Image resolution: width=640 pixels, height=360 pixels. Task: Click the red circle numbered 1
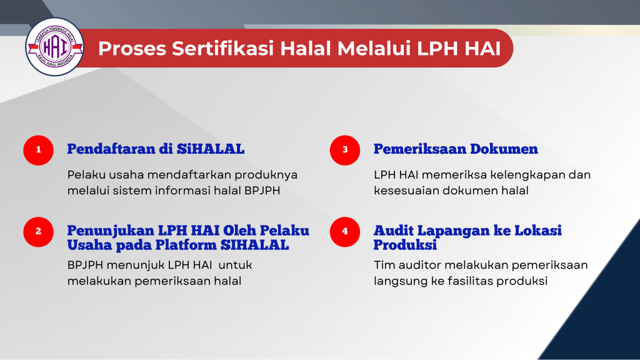[x=38, y=150]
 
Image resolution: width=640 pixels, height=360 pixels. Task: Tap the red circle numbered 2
[x=38, y=231]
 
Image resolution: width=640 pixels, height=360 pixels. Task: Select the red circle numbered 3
[x=345, y=150]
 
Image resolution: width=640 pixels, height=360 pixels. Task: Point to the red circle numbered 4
[x=345, y=231]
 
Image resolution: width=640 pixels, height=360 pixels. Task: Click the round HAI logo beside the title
[x=54, y=47]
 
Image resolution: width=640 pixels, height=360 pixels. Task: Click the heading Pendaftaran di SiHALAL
[x=156, y=149]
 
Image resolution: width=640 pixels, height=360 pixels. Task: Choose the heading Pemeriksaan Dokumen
[x=456, y=149]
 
